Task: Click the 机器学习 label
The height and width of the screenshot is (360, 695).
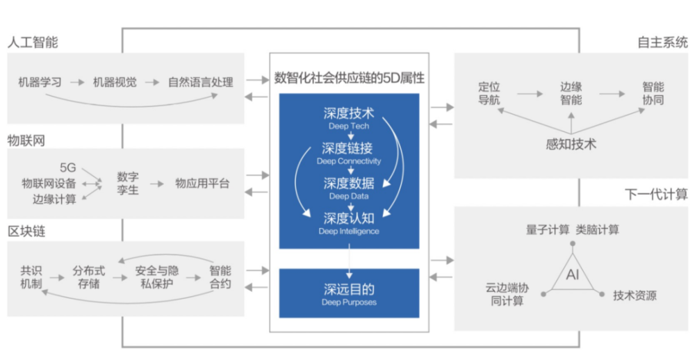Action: (x=40, y=82)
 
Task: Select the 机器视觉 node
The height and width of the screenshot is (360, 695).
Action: (x=115, y=82)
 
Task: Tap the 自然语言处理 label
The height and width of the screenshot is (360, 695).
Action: (x=200, y=82)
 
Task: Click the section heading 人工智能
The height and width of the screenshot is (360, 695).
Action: (x=33, y=42)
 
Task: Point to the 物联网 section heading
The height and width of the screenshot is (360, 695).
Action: (x=26, y=140)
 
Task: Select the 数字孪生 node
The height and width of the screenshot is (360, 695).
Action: (x=128, y=183)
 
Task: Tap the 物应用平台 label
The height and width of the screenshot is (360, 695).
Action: (x=202, y=183)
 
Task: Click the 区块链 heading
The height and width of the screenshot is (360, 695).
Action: (x=26, y=231)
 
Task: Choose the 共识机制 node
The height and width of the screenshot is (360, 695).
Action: (x=31, y=277)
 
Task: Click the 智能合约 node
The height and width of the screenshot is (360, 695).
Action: (x=220, y=277)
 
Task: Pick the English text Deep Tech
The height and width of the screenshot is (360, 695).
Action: (x=349, y=126)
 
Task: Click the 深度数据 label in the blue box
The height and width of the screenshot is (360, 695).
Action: (x=349, y=183)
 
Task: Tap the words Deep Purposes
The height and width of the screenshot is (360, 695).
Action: (x=349, y=302)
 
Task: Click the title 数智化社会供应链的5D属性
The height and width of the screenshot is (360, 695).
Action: (x=349, y=78)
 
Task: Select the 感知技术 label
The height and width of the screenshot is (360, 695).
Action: (x=571, y=145)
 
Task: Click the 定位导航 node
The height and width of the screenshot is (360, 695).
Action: (x=489, y=94)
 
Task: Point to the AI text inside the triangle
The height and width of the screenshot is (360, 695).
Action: (x=573, y=275)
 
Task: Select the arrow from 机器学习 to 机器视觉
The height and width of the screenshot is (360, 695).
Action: (x=77, y=82)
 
